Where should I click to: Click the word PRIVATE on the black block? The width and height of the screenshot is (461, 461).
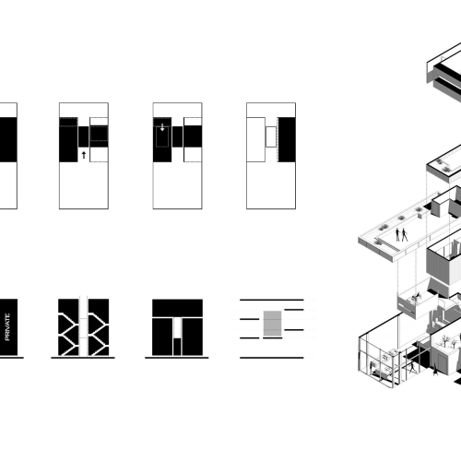(7, 326)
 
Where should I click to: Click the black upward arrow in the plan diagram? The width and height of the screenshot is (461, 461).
(84, 155)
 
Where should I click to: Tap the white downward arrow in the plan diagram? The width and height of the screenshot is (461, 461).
(162, 127)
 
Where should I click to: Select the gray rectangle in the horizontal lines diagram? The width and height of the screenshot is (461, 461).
(272, 324)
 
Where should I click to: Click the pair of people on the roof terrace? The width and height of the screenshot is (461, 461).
(401, 234)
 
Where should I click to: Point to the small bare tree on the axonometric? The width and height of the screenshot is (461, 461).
(444, 340)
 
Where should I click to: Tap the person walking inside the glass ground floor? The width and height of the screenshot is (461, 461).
(412, 367)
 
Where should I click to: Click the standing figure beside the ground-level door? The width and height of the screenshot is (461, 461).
(435, 369)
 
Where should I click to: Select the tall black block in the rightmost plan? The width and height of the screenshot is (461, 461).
(287, 139)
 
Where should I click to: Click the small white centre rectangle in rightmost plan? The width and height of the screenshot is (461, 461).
(271, 136)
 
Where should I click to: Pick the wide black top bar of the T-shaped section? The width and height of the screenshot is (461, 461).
(177, 308)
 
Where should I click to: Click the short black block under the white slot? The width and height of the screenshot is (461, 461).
(177, 347)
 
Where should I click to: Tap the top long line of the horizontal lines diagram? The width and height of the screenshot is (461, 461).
(272, 300)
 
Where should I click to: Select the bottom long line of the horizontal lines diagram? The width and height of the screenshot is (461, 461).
(272, 358)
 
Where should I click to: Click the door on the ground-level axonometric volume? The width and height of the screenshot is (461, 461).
(443, 363)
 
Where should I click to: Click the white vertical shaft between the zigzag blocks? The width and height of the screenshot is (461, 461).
(83, 327)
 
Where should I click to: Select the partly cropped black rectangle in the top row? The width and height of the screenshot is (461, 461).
(8, 139)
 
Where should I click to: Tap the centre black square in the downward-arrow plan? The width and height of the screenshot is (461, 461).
(177, 136)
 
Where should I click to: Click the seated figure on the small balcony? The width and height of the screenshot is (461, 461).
(416, 297)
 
